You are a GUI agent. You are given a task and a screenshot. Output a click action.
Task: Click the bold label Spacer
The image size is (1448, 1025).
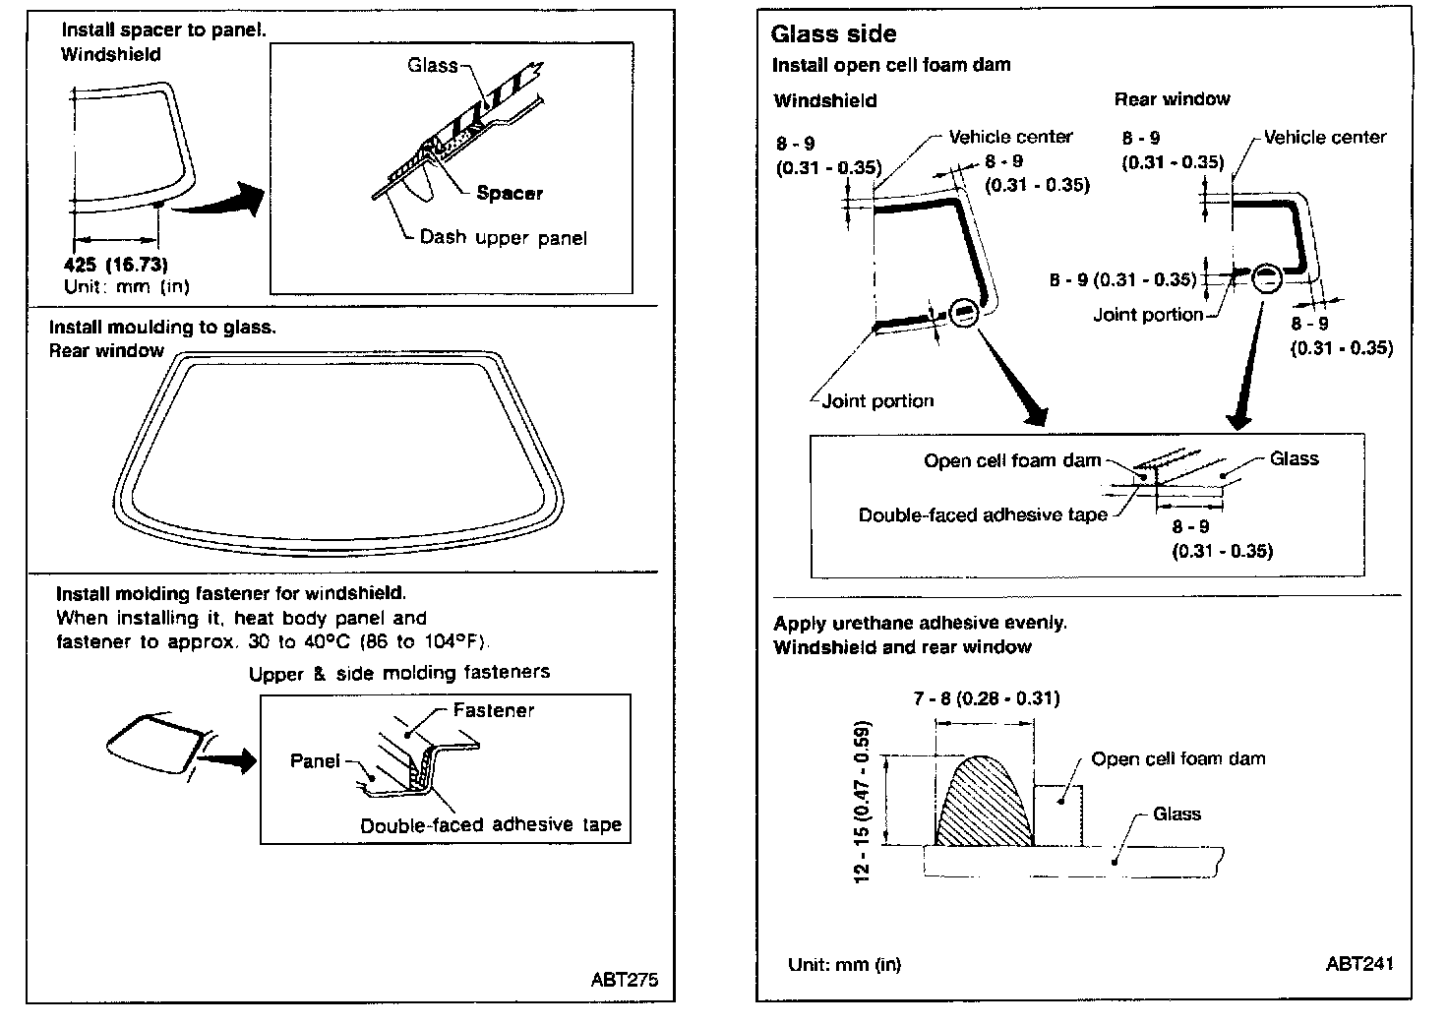click(x=509, y=193)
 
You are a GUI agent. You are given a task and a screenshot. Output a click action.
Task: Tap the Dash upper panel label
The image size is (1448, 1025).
click(x=503, y=237)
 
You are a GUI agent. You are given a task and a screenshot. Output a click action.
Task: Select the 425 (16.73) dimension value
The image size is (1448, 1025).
click(x=116, y=265)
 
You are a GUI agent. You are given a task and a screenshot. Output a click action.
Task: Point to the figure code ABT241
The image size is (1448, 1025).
click(x=1358, y=964)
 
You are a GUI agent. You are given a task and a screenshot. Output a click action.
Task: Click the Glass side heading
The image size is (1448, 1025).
click(x=833, y=34)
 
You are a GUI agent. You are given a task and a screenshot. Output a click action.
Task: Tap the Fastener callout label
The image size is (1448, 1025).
click(x=494, y=710)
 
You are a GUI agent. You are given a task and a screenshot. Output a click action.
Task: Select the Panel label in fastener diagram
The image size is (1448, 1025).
click(x=315, y=760)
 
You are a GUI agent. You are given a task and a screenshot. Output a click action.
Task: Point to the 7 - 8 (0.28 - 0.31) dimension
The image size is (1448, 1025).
click(x=986, y=698)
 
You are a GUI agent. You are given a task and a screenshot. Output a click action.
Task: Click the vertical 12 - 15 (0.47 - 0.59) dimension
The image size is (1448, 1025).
click(x=864, y=801)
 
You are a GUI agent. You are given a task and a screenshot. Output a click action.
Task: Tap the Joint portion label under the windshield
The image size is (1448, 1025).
click(x=877, y=400)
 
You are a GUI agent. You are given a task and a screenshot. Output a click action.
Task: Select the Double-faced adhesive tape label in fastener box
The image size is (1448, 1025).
click(x=491, y=825)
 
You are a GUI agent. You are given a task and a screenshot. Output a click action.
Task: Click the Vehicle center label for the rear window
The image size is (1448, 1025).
click(x=1324, y=137)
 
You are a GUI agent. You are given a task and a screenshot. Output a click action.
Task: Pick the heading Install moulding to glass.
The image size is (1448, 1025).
click(x=162, y=327)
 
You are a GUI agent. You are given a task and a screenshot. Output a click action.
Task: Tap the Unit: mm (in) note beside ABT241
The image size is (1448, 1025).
click(x=844, y=964)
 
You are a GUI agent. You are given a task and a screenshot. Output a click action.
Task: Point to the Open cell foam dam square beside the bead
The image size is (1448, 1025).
click(x=1058, y=814)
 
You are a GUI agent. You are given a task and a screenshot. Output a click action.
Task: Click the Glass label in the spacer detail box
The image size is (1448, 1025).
click(x=433, y=66)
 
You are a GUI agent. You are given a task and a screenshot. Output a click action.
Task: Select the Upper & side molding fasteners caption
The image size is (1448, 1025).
click(x=398, y=673)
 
